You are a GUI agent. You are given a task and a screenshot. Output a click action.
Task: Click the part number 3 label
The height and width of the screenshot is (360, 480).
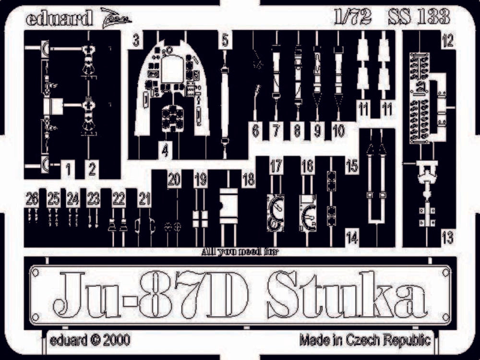pos(136,41)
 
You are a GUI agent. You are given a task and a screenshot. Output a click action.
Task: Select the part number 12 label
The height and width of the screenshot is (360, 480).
pos(447,42)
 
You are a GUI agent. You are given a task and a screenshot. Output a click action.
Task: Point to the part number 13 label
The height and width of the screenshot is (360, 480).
pos(447,236)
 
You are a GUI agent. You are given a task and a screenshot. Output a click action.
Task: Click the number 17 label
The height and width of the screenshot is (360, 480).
pos(276,167)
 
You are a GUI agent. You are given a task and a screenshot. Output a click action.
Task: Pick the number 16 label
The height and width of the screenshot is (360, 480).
pos(308,167)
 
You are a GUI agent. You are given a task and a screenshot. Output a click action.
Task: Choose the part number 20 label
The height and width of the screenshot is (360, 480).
pos(174,180)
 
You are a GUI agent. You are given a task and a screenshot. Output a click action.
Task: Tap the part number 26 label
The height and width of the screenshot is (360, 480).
pos(33,198)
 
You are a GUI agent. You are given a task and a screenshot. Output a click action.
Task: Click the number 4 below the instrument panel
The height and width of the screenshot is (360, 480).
pos(165,151)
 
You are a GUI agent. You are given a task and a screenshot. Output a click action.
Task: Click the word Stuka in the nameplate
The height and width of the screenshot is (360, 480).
pos(347,295)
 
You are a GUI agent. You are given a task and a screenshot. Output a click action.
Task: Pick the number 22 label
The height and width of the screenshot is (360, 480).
pos(119,198)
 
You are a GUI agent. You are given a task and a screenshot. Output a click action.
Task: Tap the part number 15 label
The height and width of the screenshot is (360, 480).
pos(352,167)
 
